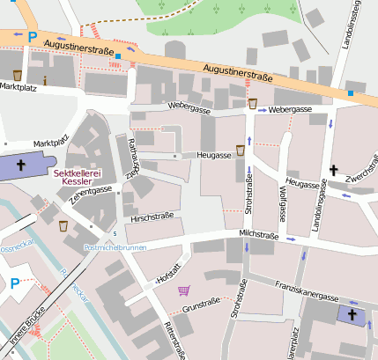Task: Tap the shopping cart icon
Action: tap(183, 290)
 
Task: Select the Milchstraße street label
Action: tap(258, 236)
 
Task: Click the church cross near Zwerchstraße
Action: tap(334, 169)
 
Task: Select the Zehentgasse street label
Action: tap(92, 195)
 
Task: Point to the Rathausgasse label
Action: tap(133, 158)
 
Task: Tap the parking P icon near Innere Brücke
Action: tap(15, 283)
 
